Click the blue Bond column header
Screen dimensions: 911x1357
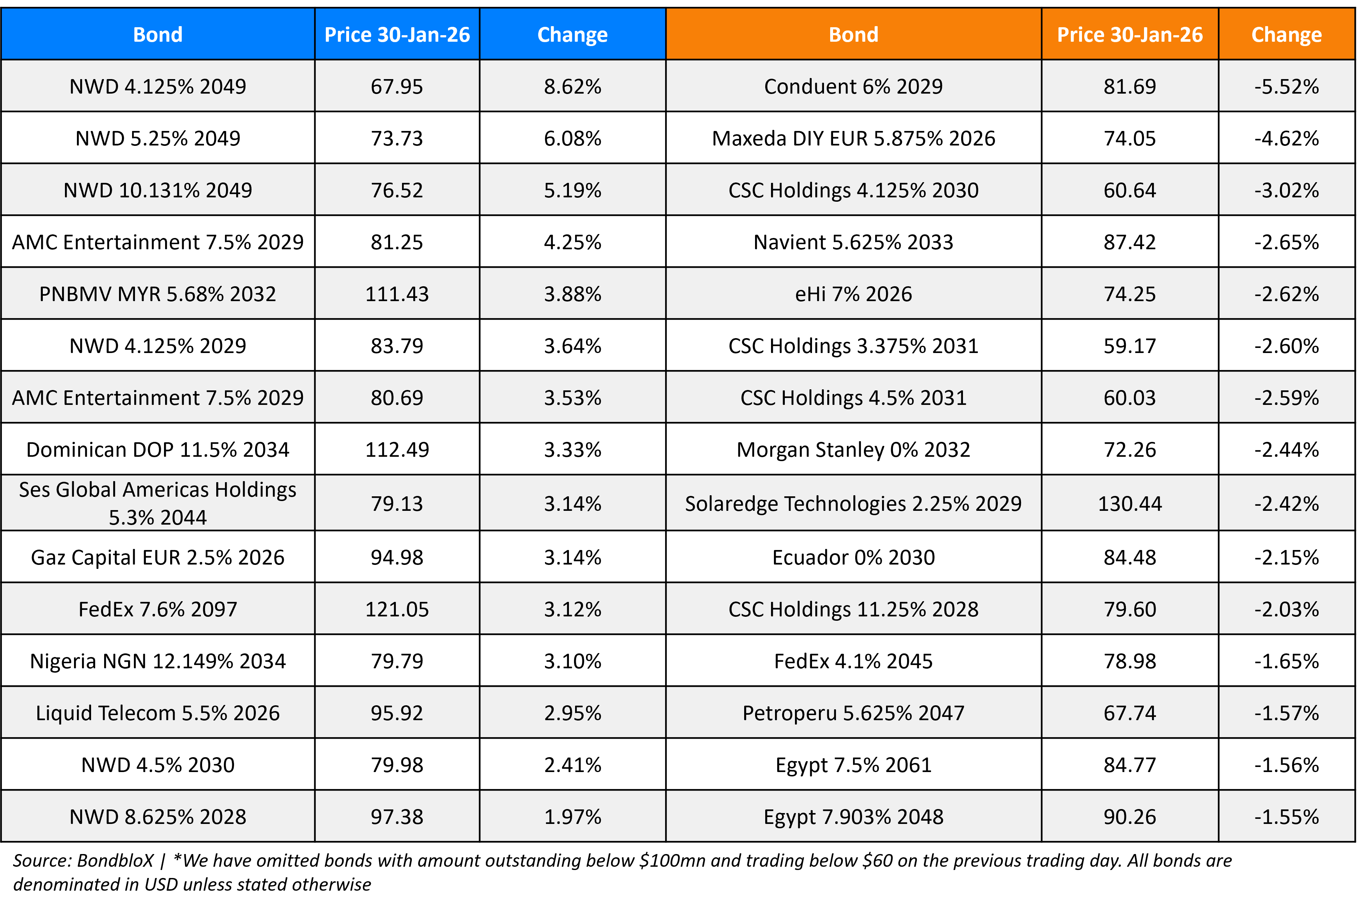click(x=157, y=35)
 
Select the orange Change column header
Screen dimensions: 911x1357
click(x=1286, y=35)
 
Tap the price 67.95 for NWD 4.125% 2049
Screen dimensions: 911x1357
click(x=397, y=87)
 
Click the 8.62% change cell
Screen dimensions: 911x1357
click(x=572, y=87)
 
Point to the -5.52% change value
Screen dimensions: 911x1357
click(x=1286, y=87)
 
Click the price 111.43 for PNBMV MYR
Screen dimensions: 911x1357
click(x=397, y=294)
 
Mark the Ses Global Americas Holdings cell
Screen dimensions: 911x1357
click(x=157, y=503)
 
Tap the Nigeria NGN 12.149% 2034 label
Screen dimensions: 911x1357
click(x=157, y=661)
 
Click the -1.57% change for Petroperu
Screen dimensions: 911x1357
click(x=1286, y=713)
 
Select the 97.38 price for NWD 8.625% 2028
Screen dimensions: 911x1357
click(x=397, y=817)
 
